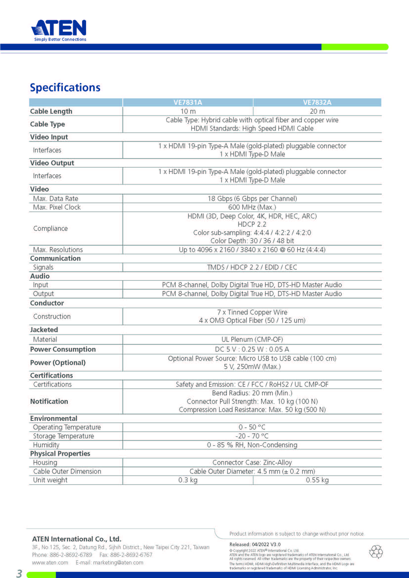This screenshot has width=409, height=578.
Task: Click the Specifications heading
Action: (65, 88)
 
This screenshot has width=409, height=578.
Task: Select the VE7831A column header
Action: (188, 103)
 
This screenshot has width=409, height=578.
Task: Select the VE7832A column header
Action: (317, 103)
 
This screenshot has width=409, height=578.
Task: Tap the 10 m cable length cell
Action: (188, 111)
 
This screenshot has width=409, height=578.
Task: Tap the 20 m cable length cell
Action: (317, 111)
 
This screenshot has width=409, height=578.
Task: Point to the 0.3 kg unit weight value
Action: (188, 480)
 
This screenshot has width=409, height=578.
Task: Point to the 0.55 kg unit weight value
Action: (317, 480)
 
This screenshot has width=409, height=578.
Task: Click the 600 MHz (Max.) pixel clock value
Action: (252, 207)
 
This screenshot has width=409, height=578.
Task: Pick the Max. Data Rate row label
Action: (55, 199)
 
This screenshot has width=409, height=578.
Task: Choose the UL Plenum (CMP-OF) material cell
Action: (252, 339)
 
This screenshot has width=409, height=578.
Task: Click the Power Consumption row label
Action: (63, 349)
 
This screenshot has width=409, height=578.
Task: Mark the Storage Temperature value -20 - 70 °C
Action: (252, 436)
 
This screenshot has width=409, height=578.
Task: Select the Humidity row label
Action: (46, 445)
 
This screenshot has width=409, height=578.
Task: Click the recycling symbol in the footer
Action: (376, 552)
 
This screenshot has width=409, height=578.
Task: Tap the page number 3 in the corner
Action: (19, 573)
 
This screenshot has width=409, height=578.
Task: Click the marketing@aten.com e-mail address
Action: (118, 562)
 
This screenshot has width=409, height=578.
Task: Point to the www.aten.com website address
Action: (50, 562)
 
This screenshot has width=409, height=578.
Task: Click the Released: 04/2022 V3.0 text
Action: (255, 544)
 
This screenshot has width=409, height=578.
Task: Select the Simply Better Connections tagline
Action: (60, 39)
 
